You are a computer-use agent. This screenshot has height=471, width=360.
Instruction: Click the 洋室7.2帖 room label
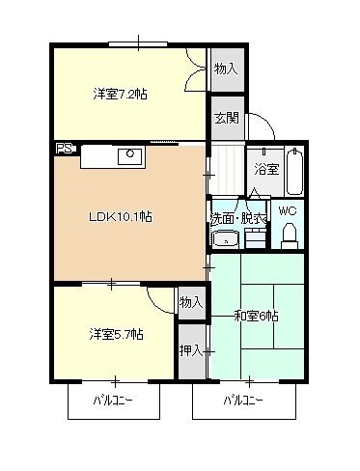click(x=120, y=94)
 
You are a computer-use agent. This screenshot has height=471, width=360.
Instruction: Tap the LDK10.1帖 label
click(x=121, y=216)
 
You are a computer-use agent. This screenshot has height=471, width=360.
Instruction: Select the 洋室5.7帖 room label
click(x=117, y=334)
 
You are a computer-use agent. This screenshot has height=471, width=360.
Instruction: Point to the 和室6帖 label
click(x=256, y=316)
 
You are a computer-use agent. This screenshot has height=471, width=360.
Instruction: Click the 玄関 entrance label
click(x=226, y=118)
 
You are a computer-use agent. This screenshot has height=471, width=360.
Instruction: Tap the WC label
click(x=288, y=210)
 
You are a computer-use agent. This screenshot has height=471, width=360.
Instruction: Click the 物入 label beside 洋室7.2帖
click(x=226, y=69)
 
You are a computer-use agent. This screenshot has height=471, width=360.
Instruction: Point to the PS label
click(x=63, y=150)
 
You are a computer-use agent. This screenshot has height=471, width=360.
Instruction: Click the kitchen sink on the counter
click(x=129, y=154)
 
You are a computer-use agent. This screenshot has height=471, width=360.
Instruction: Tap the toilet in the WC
click(x=289, y=235)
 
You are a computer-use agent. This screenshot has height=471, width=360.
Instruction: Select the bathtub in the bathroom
click(x=295, y=170)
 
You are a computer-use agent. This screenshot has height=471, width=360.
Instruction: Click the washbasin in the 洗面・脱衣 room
click(x=225, y=240)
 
